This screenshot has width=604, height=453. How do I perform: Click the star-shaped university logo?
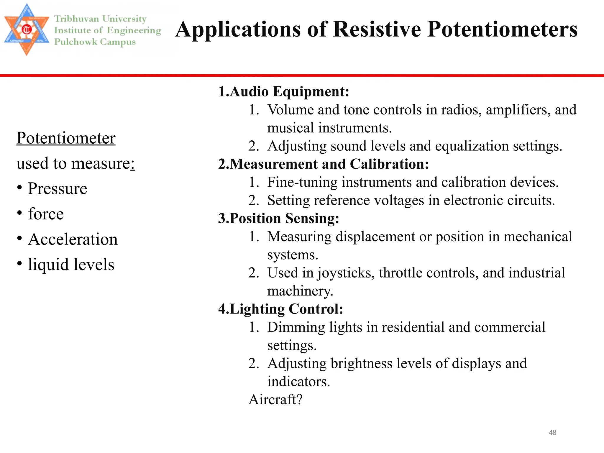pyautogui.click(x=27, y=29)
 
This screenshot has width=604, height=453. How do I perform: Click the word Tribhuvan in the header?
pyautogui.click(x=76, y=19)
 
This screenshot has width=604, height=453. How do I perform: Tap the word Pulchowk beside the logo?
pyautogui.click(x=75, y=42)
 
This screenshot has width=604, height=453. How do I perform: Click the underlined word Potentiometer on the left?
pyautogui.click(x=66, y=138)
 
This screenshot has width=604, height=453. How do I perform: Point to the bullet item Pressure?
pyautogui.click(x=58, y=188)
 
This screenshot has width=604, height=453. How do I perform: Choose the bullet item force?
pyautogui.click(x=46, y=214)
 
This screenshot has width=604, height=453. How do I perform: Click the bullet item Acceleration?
pyautogui.click(x=73, y=239)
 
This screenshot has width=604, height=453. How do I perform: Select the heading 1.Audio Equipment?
pyautogui.click(x=283, y=91)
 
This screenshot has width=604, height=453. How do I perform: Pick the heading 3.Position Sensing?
pyautogui.click(x=278, y=219)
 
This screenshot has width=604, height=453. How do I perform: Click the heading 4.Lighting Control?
pyautogui.click(x=280, y=309)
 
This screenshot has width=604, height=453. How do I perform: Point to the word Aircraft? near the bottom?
pyautogui.click(x=275, y=400)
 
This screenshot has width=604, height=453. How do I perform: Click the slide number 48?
pyautogui.click(x=552, y=433)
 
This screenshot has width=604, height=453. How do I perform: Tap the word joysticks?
pyautogui.click(x=346, y=273)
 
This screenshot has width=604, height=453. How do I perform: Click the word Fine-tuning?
pyautogui.click(x=302, y=182)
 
